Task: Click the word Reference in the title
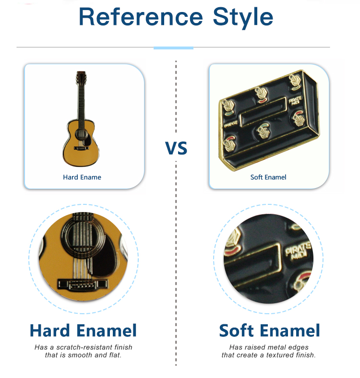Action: click(141, 17)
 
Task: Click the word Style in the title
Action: click(243, 18)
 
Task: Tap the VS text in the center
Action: click(176, 148)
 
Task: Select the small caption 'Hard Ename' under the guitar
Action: click(82, 177)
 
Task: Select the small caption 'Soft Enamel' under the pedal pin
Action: click(268, 177)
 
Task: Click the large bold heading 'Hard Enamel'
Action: click(83, 330)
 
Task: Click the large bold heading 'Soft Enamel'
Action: click(269, 330)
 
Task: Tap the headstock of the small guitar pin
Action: click(81, 77)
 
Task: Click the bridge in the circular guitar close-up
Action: click(82, 285)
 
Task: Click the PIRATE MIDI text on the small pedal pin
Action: click(295, 100)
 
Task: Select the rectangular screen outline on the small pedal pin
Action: click(263, 112)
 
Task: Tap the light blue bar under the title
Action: click(173, 48)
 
